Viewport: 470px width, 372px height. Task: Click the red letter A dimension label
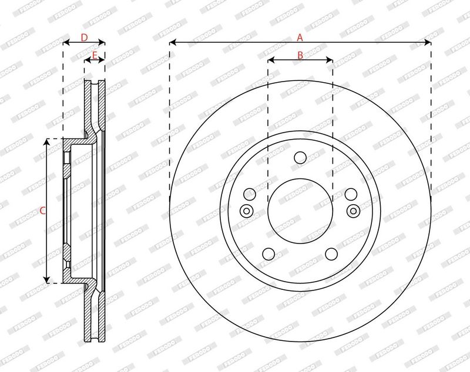click(x=300, y=38)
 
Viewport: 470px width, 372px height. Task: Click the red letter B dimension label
click(x=300, y=55)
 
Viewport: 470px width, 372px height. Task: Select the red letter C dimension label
click(x=42, y=211)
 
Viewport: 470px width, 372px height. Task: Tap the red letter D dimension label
click(x=84, y=38)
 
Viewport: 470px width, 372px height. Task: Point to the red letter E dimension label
click(x=95, y=55)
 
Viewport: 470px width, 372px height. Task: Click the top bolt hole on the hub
click(x=300, y=158)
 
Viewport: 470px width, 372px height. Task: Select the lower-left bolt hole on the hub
click(x=268, y=254)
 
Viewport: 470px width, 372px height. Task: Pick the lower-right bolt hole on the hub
click(x=331, y=254)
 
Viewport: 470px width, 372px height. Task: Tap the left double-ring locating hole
click(x=246, y=211)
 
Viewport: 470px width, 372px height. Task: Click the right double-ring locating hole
click(x=354, y=211)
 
